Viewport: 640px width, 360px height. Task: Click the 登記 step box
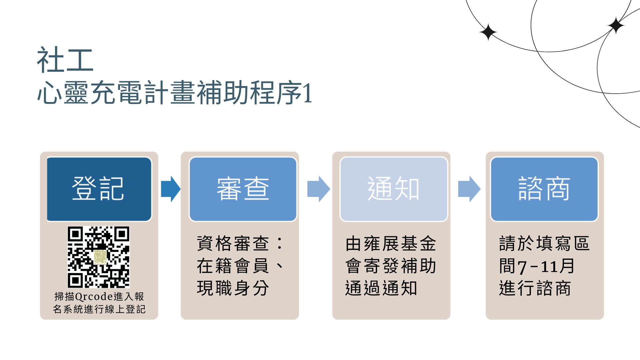99,189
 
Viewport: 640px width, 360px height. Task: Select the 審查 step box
243,189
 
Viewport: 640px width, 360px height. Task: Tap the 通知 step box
394,189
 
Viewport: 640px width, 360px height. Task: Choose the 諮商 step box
544,189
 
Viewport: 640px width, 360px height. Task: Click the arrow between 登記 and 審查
171,189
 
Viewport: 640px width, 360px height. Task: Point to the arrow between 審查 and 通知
319,189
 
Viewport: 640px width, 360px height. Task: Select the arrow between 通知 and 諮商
469,189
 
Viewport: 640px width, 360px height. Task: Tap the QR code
99,257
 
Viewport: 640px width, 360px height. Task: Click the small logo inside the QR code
100,257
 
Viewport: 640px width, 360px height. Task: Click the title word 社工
65,60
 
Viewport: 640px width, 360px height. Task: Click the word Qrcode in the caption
94,296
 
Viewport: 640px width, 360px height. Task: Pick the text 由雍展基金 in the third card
391,243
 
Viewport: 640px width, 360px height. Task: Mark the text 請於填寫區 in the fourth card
544,243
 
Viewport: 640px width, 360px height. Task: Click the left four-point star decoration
488,32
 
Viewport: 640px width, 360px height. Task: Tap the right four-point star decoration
616,25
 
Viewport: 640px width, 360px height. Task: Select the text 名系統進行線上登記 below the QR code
99,309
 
